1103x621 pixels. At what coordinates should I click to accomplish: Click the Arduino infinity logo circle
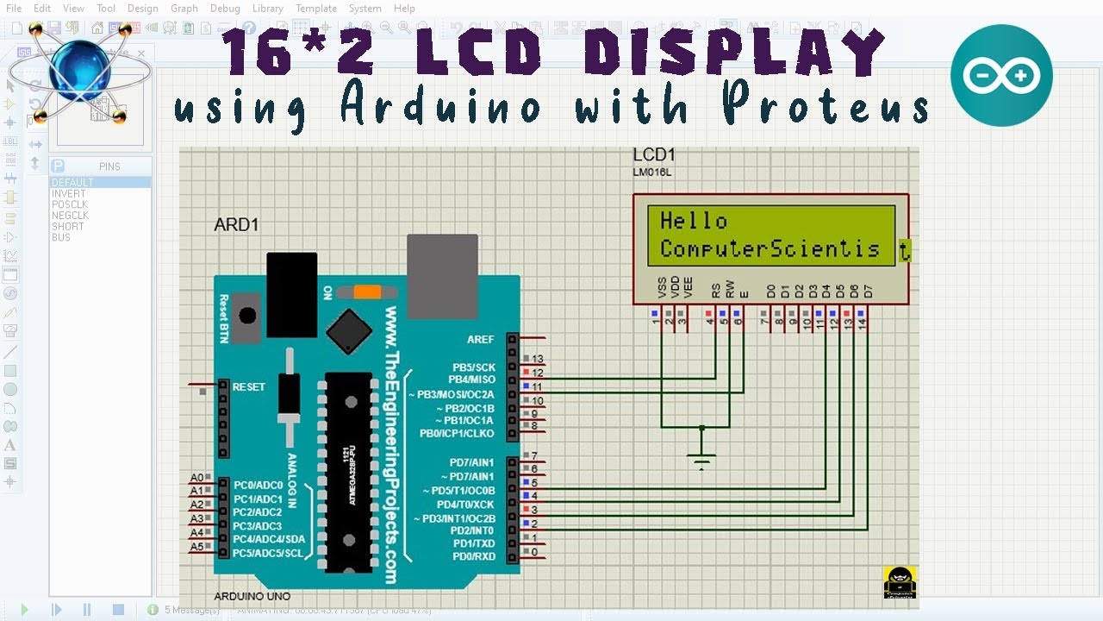1001,76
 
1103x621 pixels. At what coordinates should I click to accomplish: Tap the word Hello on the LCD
694,221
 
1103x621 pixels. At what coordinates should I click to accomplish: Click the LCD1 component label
654,155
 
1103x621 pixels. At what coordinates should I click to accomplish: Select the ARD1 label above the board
236,225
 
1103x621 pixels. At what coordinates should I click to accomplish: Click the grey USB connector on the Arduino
442,276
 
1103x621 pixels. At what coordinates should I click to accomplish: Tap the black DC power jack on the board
292,294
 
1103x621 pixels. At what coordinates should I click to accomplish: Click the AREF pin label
481,339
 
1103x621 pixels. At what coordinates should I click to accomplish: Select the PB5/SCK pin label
474,367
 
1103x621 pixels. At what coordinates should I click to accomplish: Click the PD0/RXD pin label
474,556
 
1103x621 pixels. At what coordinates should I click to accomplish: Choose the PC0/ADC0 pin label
258,486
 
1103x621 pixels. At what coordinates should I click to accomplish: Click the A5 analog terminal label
197,547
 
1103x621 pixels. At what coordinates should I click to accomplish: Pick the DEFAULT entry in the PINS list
72,183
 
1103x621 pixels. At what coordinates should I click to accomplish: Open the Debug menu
225,9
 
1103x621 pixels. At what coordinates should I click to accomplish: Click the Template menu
316,9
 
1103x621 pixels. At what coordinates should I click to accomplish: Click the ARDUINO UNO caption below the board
252,597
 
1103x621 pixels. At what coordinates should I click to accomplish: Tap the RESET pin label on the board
249,387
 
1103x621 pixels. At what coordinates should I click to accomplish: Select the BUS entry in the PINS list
60,238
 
